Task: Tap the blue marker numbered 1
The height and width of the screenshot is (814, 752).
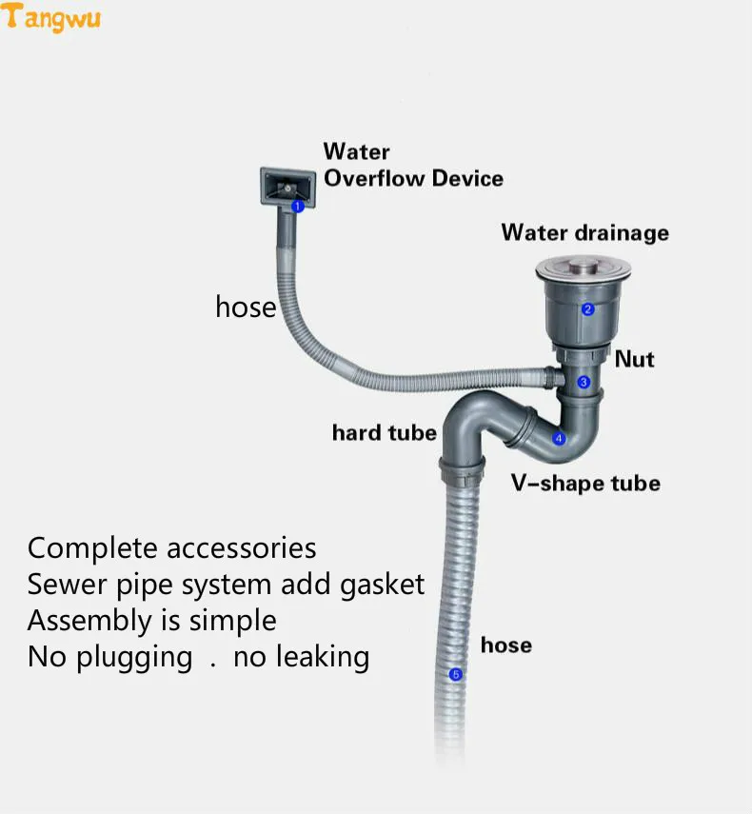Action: click(x=297, y=206)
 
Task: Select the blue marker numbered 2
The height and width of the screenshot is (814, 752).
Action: click(x=588, y=308)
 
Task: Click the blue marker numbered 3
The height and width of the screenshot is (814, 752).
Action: click(x=584, y=382)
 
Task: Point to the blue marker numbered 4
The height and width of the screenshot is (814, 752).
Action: click(x=560, y=439)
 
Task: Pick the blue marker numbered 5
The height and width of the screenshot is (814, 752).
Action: click(x=455, y=675)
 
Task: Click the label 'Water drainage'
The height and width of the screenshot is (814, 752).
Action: click(x=584, y=232)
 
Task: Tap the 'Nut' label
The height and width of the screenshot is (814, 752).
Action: click(x=634, y=359)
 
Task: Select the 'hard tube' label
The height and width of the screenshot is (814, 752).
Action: click(x=384, y=433)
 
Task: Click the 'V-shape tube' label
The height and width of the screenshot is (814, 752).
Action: click(x=584, y=484)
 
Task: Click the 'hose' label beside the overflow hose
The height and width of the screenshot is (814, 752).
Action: click(x=246, y=307)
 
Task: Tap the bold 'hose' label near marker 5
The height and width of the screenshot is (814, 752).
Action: click(x=505, y=645)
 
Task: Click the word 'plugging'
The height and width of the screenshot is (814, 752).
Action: click(x=135, y=658)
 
